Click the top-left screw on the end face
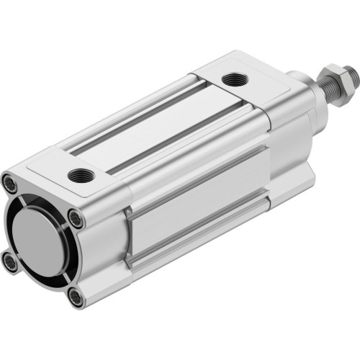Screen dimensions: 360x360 tap(9, 184)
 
